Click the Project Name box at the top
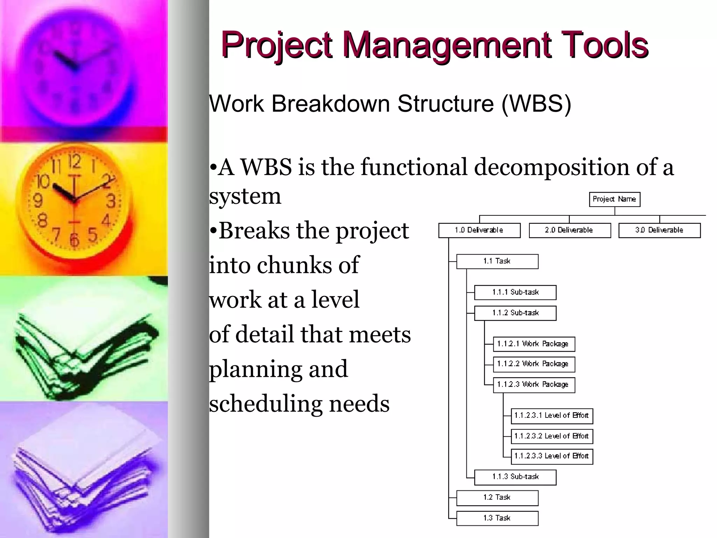pos(614,199)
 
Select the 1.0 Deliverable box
pos(479,230)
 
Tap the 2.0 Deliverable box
pos(570,230)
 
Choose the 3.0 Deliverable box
pos(660,230)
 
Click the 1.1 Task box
pos(497,261)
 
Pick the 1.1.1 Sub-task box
pos(515,292)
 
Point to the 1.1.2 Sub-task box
pos(515,313)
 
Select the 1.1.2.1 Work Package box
pos(534,344)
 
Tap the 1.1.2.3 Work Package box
pos(534,385)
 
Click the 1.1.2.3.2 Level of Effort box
pos(552,436)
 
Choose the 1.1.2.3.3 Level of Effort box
pos(552,456)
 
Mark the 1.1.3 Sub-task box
pos(515,477)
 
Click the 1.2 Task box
pos(497,498)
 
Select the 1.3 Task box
pos(497,518)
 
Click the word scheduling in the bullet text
pos(266,404)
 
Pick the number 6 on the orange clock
pos(74,240)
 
